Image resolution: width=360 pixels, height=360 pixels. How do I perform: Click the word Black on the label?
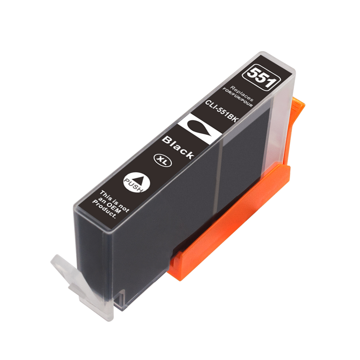pyautogui.click(x=178, y=147)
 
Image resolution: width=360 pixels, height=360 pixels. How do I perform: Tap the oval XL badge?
pyautogui.click(x=163, y=161)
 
